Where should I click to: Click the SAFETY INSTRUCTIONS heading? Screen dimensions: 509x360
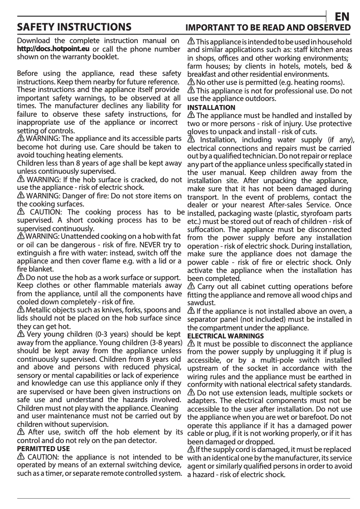pyautogui.click(x=74, y=28)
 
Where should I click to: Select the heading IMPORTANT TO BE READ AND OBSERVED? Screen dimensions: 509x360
pyautogui.click(x=268, y=28)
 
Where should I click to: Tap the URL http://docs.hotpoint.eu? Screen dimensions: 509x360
pyautogui.click(x=53, y=49)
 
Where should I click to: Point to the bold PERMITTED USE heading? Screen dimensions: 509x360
pyautogui.click(x=43, y=448)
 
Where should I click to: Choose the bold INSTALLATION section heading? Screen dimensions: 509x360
pyautogui.click(x=211, y=108)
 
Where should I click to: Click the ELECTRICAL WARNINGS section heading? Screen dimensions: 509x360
pyautogui.click(x=225, y=336)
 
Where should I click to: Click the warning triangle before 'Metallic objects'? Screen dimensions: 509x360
pyautogui.click(x=21, y=310)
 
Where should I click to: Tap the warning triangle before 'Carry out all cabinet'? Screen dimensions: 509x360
pyautogui.click(x=191, y=287)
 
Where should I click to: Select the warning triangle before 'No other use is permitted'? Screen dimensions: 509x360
pyautogui.click(x=191, y=83)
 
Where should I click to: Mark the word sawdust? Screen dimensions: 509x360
pyautogui.click(x=199, y=303)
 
